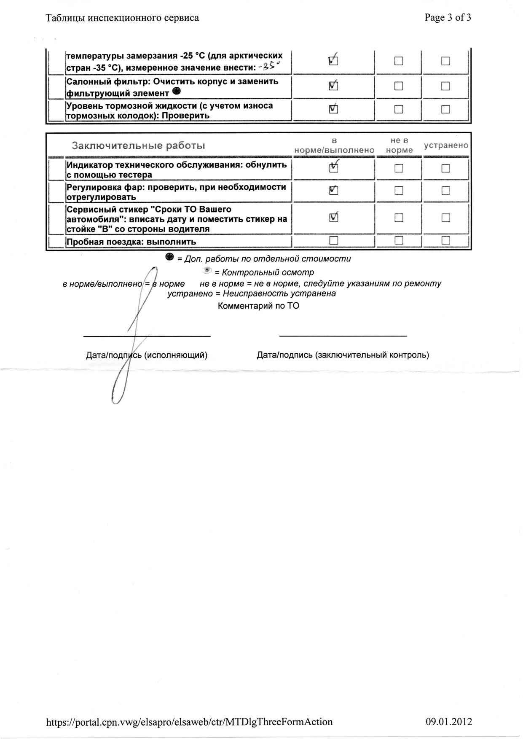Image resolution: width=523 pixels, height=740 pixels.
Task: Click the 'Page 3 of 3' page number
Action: point(448,18)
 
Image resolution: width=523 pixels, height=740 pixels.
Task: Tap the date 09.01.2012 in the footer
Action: point(449,721)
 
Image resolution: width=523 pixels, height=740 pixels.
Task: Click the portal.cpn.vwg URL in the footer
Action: point(189,721)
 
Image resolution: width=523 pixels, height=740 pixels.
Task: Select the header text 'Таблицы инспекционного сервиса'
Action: point(122,18)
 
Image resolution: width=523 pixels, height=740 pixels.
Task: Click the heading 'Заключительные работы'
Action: point(139,146)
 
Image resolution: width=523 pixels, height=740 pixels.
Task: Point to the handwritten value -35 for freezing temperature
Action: point(270,67)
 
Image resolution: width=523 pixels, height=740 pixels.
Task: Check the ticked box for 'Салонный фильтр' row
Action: point(333,86)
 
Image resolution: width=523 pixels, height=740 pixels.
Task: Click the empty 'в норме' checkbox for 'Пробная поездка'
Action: point(334,240)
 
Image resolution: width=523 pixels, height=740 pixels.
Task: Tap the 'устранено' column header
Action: point(446,145)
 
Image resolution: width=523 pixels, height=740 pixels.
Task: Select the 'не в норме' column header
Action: point(399,145)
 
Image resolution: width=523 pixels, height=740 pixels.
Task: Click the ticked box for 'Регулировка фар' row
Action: point(333,191)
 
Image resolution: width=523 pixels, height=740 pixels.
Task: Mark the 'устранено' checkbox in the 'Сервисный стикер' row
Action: point(445,218)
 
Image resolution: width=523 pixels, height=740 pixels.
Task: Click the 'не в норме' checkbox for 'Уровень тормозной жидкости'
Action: point(399,110)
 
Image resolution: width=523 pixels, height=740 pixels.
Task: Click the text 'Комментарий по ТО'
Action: point(258,306)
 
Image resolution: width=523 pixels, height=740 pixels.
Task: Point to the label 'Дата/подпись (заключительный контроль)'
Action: point(343,355)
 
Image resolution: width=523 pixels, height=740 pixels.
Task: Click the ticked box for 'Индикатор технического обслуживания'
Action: point(333,168)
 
